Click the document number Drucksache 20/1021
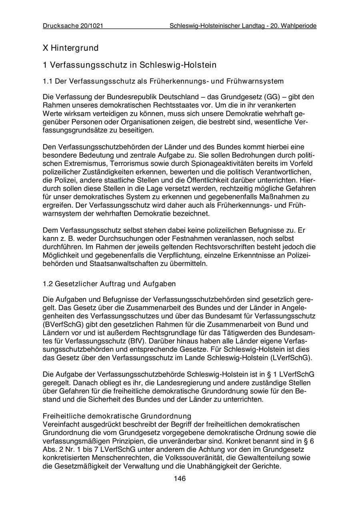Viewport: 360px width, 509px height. [73, 26]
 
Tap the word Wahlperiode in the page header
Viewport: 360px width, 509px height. [299, 26]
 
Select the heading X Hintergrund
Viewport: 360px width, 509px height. [70, 48]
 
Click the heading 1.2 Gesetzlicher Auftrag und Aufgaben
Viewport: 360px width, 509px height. [109, 284]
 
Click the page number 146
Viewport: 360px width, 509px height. [180, 479]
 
